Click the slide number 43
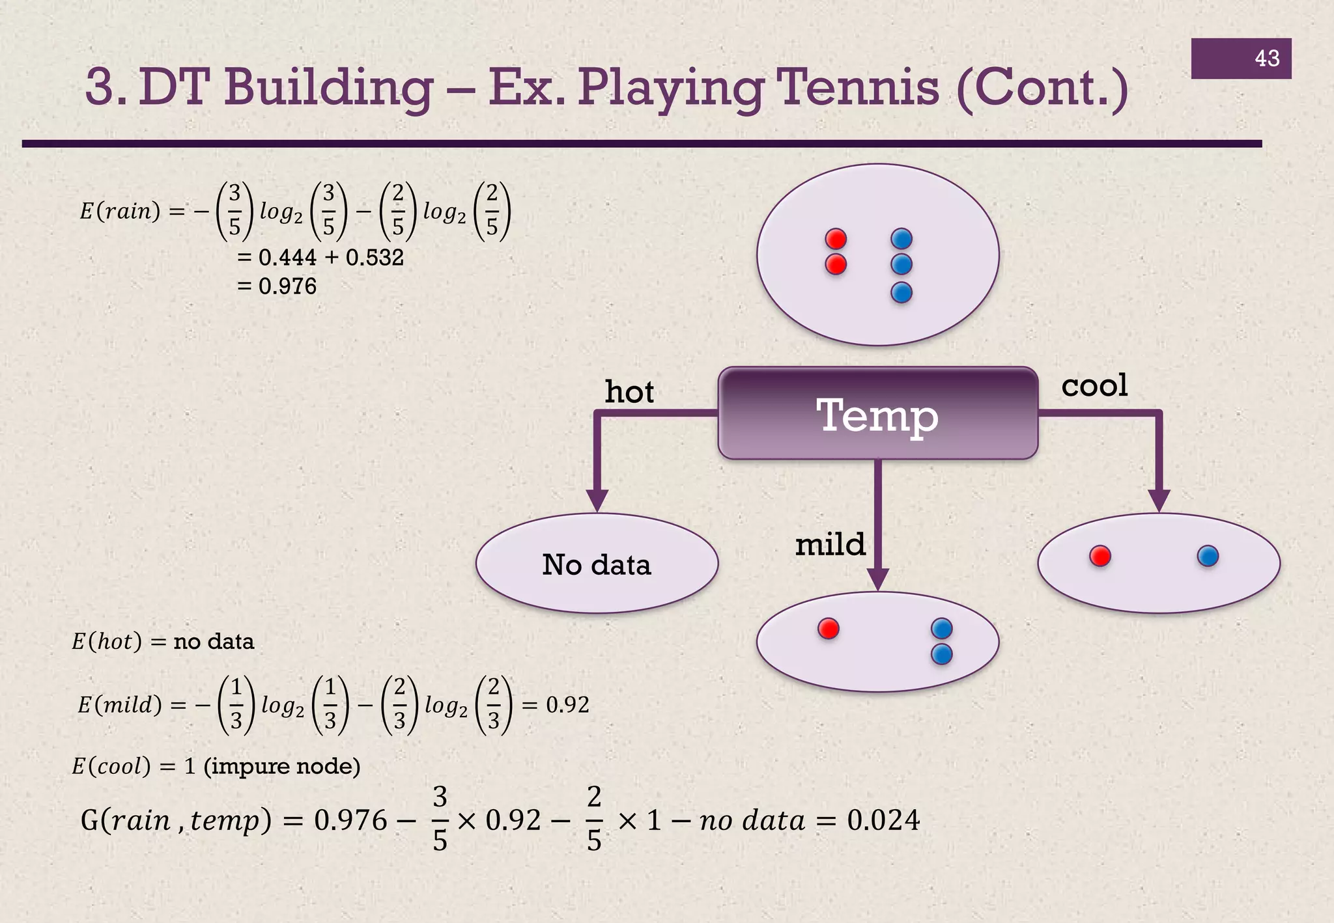pos(1266,59)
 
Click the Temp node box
pos(877,414)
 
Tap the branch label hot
pos(629,392)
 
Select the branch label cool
pos(1094,385)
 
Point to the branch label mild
pos(830,544)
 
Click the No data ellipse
pos(597,564)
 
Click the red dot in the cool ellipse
pos(1100,557)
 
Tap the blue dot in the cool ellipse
pos(1208,557)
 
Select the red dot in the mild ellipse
pos(828,629)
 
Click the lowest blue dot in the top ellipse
pos(901,293)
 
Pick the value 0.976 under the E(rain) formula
pos(287,286)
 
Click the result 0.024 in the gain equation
pos(883,820)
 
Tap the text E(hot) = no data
pos(163,642)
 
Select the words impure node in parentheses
pos(282,766)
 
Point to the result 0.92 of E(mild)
pos(567,705)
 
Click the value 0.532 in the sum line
pos(375,258)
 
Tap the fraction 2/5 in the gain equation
pos(594,819)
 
